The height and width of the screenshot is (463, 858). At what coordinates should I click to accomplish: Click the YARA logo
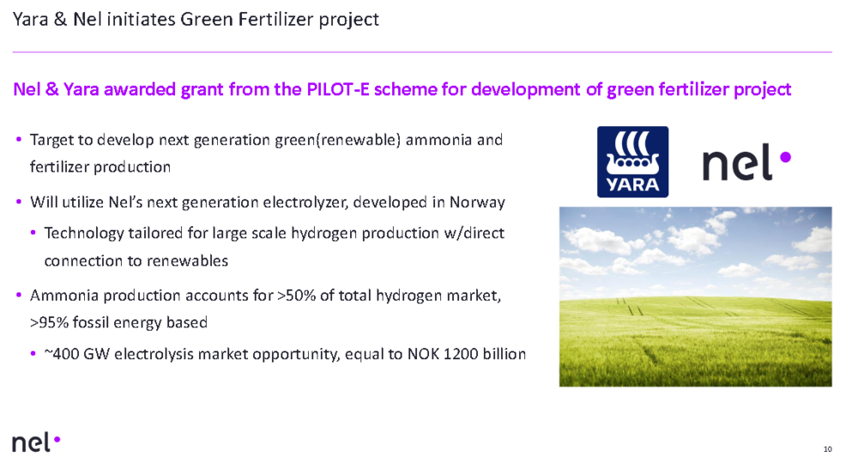pyautogui.click(x=632, y=161)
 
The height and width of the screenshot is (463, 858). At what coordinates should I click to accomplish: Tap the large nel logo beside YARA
pyautogui.click(x=746, y=162)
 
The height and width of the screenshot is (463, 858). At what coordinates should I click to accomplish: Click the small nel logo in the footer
pyautogui.click(x=36, y=442)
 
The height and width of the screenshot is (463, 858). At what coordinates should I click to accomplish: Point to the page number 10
pyautogui.click(x=827, y=448)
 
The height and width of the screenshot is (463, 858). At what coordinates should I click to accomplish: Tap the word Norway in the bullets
pyautogui.click(x=477, y=202)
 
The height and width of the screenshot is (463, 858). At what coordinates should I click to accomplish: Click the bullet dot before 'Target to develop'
pyautogui.click(x=19, y=139)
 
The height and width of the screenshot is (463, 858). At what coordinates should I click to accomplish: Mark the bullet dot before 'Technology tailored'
pyautogui.click(x=33, y=232)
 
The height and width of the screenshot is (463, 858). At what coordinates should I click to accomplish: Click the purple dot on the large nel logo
pyautogui.click(x=785, y=157)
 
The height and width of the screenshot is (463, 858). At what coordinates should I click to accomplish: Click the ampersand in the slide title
pyautogui.click(x=61, y=20)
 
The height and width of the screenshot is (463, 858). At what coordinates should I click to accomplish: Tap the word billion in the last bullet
pyautogui.click(x=504, y=354)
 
